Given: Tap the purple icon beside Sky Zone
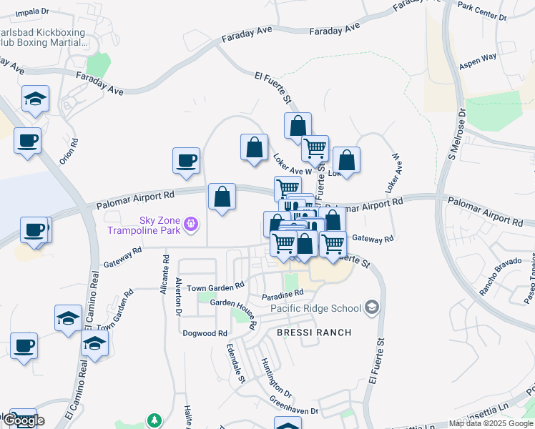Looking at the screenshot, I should tap(191, 225).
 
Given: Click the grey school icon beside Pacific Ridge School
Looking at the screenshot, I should tap(371, 307).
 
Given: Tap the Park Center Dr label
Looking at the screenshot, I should tap(481, 11).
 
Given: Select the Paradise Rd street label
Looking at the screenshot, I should tap(283, 292).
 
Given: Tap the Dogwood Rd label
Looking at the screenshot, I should tap(205, 333).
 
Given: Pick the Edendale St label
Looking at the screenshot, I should tap(235, 362).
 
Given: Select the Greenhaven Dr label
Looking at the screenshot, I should tap(294, 405).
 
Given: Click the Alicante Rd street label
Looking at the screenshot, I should tap(165, 275).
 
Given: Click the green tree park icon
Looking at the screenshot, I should tap(152, 420).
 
